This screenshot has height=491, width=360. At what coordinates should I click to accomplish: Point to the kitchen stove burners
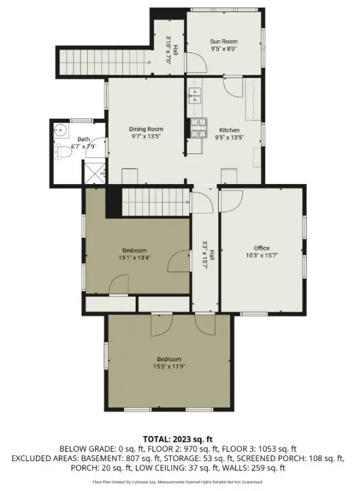(x=198, y=128)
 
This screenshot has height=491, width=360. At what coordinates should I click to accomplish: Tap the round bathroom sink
(x=62, y=131)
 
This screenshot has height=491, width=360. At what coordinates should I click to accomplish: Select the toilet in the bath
(x=63, y=153)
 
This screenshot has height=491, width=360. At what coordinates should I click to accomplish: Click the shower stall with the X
(x=95, y=172)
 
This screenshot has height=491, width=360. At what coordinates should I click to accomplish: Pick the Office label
(x=261, y=248)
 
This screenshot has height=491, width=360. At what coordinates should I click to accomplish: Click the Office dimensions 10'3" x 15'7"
(x=261, y=255)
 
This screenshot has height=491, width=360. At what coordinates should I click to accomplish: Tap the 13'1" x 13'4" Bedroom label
(x=134, y=254)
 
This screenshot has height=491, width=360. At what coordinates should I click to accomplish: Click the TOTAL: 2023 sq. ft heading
(x=180, y=439)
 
